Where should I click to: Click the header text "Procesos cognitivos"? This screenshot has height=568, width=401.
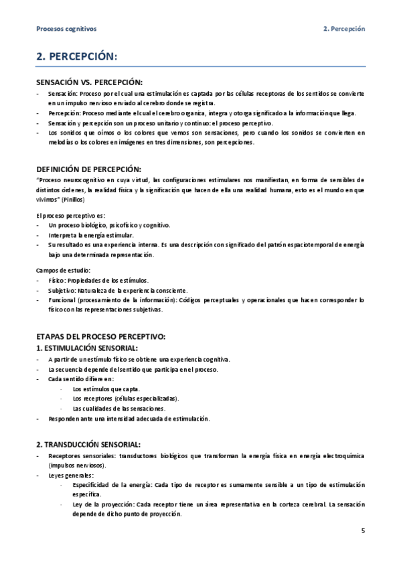(x=66, y=29)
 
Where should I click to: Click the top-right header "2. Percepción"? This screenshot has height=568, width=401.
(x=343, y=29)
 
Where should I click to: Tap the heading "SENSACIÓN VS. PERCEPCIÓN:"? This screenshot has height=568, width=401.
(x=90, y=82)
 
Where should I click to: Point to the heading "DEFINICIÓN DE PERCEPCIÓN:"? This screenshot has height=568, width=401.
(x=88, y=169)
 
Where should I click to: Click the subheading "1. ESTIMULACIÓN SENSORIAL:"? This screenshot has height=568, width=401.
(x=87, y=348)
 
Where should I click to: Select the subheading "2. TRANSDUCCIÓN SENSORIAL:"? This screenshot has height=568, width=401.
(x=88, y=443)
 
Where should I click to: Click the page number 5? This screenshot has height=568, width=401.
(x=362, y=532)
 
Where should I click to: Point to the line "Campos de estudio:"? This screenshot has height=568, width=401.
(x=63, y=270)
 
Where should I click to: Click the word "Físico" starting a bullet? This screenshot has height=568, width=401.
(x=57, y=280)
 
